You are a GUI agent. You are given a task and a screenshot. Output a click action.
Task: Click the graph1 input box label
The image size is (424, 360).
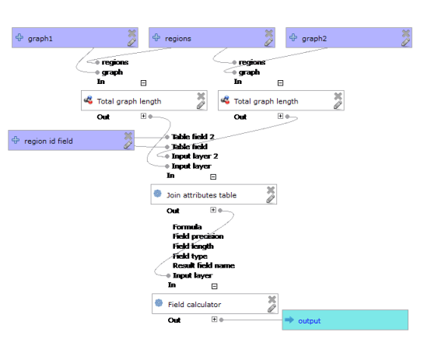[40, 38]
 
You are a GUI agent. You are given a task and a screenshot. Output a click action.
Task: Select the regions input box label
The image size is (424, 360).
[177, 38]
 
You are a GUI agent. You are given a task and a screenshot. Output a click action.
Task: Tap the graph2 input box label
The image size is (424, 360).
[314, 38]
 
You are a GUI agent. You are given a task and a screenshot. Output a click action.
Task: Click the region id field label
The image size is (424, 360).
[48, 141]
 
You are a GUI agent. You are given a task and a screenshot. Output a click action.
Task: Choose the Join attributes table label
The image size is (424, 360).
[201, 194]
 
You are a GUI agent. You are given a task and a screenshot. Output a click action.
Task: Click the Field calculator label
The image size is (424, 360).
[194, 303]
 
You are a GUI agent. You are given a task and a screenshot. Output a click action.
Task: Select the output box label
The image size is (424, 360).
[310, 320]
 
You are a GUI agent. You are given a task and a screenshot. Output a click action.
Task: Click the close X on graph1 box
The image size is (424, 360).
[132, 33]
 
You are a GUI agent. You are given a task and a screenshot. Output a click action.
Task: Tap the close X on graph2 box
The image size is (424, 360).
[406, 33]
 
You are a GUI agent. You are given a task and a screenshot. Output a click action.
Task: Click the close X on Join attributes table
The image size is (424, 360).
[271, 190]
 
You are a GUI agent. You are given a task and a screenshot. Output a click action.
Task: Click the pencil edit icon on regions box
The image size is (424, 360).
[269, 43]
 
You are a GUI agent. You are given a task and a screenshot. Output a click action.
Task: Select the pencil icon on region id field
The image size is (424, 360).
[128, 145]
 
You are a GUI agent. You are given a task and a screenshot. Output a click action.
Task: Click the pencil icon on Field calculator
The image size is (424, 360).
[272, 308]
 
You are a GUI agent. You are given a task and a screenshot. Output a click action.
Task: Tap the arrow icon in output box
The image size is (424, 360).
[289, 320]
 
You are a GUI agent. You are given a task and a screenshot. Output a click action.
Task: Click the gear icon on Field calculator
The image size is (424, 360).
[158, 303]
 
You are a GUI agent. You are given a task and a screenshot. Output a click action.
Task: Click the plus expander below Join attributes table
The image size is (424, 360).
[212, 210]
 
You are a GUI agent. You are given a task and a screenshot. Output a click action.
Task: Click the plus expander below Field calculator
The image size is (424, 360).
[215, 320]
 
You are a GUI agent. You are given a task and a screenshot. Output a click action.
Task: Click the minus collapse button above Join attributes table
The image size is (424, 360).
[212, 177]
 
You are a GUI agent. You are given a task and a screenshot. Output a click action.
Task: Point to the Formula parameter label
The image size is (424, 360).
[187, 228]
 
